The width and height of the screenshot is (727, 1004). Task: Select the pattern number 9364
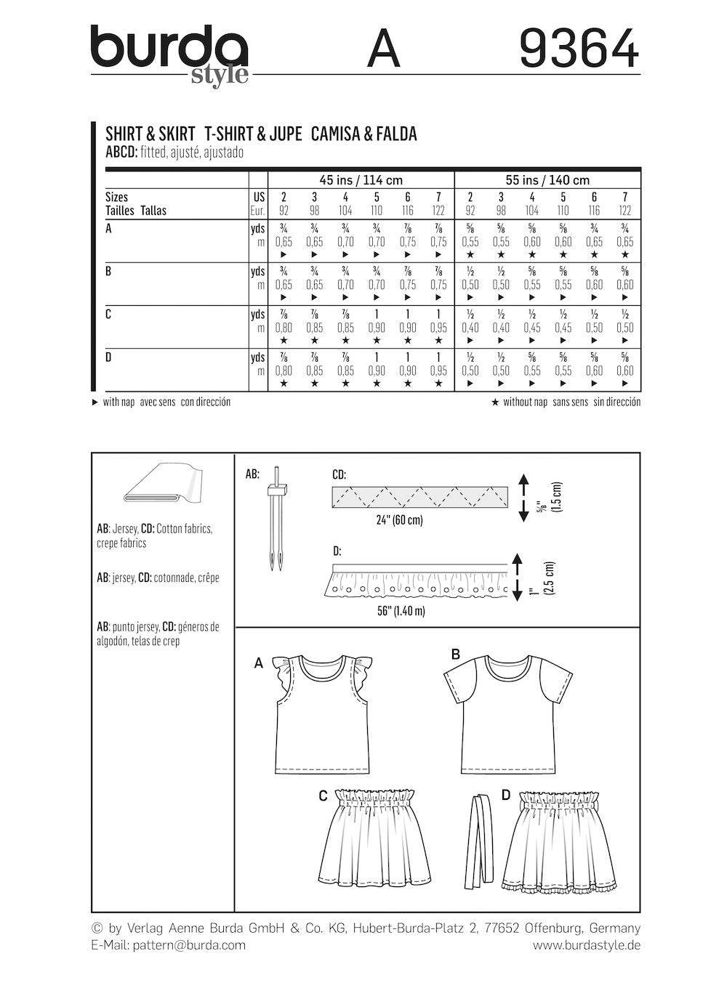(579, 50)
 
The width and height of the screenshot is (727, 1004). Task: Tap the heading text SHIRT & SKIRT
(150, 134)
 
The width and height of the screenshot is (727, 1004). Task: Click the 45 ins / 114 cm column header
(361, 180)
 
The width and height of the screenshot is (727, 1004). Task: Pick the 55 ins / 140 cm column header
(547, 180)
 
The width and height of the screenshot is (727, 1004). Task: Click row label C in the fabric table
(109, 315)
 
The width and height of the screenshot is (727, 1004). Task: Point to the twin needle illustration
(276, 517)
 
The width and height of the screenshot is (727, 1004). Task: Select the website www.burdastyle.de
(586, 945)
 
